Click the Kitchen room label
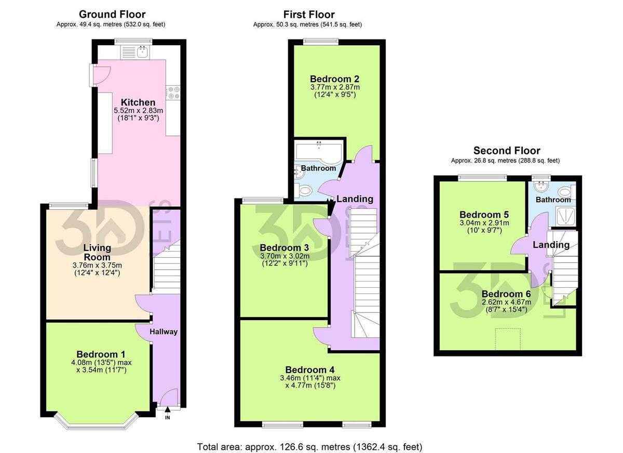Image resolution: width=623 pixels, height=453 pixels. pos(138,102)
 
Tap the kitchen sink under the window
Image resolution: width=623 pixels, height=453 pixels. pos(142,51)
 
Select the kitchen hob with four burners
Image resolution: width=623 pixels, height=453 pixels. pos(173,92)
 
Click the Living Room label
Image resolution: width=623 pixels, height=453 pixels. pos(97,253)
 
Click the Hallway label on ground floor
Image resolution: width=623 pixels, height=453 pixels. pos(164,331)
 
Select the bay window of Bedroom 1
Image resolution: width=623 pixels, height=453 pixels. pos(97,422)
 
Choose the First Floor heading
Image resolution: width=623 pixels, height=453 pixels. pos(309,15)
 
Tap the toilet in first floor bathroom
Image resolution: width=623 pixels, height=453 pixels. pos(305,191)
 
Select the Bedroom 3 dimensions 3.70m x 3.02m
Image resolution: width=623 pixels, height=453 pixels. pos(285,256)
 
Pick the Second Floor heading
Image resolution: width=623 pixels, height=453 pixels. pos(506,151)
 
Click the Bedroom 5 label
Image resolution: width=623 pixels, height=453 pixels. pos(484,215)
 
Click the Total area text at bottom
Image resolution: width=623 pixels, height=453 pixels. pos(310,446)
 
